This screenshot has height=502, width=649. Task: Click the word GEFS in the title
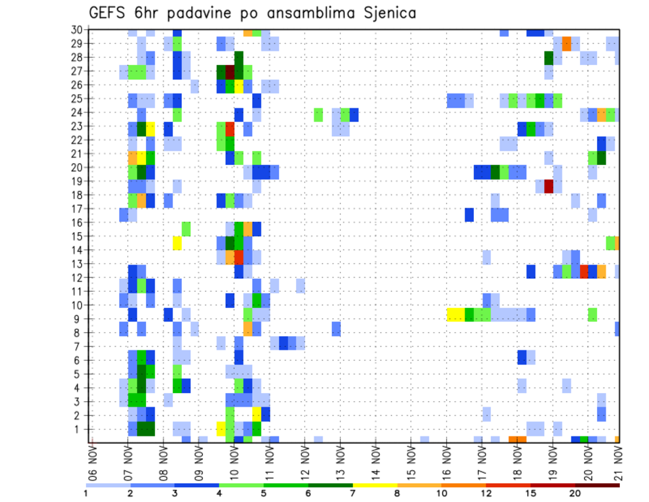107,13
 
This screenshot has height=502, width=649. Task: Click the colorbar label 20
575,493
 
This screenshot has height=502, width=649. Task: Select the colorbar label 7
353,493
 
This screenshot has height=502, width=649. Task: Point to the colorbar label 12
487,493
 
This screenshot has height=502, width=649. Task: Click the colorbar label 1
86,493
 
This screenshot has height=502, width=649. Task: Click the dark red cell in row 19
549,185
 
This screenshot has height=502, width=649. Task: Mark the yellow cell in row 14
177,243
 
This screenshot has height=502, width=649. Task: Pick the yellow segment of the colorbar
375,484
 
